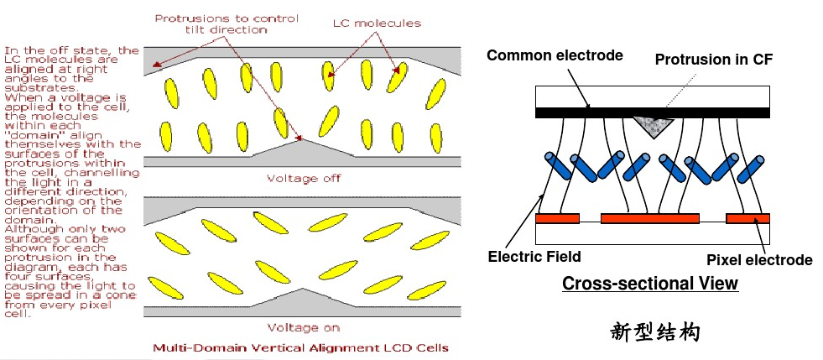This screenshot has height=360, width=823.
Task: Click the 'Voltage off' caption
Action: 304,178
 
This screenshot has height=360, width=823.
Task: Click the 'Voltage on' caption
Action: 304,327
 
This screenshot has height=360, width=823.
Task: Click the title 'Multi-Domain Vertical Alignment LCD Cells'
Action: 300,347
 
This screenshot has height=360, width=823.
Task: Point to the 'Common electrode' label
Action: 555,55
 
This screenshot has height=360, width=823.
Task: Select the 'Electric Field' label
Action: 534,256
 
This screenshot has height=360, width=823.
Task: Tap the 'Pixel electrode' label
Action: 759,259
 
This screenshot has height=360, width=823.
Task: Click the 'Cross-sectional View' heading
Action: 649,284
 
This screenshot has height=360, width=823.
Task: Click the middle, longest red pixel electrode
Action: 650,219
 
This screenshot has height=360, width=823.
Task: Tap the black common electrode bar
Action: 653,112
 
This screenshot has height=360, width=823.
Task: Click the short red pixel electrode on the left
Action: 557,219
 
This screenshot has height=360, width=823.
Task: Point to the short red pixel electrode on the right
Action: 747,219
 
